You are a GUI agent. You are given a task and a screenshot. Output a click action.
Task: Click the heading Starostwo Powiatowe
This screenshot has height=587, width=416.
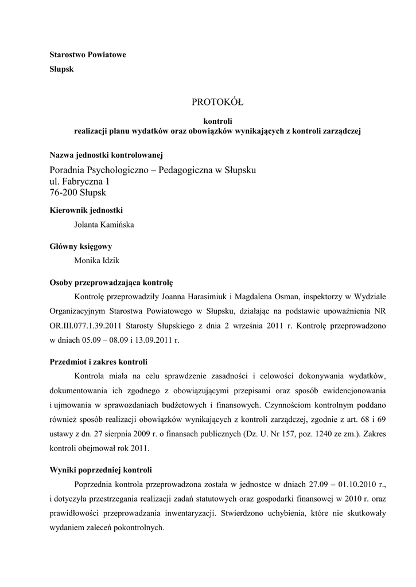coord(88,55)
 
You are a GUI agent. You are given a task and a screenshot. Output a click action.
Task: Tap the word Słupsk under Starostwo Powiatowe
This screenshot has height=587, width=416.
coord(62,69)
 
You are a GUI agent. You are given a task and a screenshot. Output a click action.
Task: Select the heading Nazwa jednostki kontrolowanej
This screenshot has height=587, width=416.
coord(107,155)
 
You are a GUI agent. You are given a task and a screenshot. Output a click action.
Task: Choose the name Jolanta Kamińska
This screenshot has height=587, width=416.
coord(104,225)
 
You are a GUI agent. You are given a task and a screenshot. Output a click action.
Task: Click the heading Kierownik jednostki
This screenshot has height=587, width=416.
coord(87,210)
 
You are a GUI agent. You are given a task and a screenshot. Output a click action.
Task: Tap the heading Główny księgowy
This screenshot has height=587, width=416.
coord(81,246)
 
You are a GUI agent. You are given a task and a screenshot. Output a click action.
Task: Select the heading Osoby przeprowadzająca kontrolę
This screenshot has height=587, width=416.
coord(111,282)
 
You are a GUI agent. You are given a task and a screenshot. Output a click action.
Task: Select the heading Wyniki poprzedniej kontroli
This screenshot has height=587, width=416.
coord(101,470)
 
